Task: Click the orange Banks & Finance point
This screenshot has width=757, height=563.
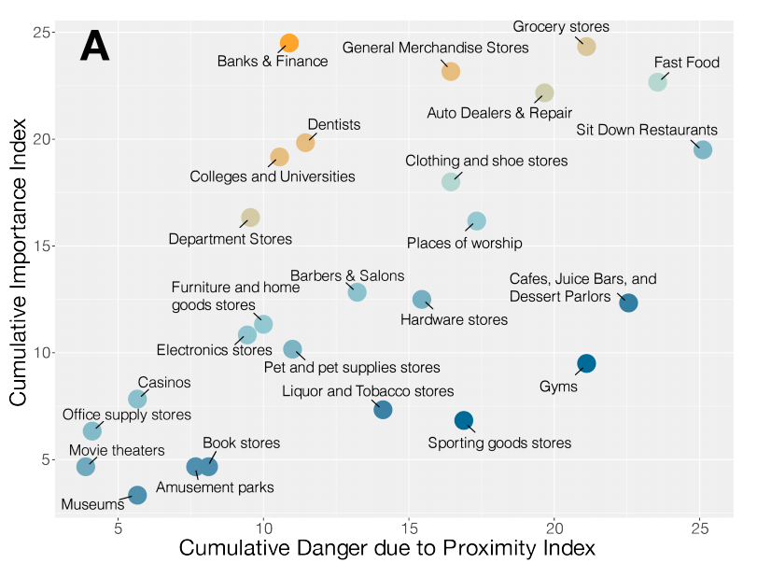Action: (x=289, y=43)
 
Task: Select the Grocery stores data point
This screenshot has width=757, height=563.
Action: (x=586, y=47)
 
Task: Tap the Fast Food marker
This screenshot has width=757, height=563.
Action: (x=658, y=82)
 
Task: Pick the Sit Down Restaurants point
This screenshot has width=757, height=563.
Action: (x=703, y=149)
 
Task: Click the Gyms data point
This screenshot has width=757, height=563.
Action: (x=586, y=363)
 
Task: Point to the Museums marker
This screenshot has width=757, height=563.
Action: (x=137, y=495)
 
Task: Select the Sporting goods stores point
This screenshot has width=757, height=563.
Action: (x=464, y=420)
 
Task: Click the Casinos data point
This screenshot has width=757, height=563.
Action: (x=137, y=399)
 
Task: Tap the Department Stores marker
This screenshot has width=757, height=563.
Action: (x=250, y=218)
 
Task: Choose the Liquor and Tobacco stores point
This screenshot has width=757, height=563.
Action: (x=383, y=409)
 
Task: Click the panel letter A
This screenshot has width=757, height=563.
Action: (x=94, y=48)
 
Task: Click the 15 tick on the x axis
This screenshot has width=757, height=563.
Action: (x=409, y=527)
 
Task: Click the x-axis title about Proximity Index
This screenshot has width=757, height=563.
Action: (x=386, y=547)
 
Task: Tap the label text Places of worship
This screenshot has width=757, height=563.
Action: (x=464, y=244)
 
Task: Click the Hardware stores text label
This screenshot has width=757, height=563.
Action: (x=454, y=320)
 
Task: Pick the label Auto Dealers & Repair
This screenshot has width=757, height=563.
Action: (x=499, y=114)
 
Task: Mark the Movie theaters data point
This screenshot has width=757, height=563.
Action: (x=86, y=466)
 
